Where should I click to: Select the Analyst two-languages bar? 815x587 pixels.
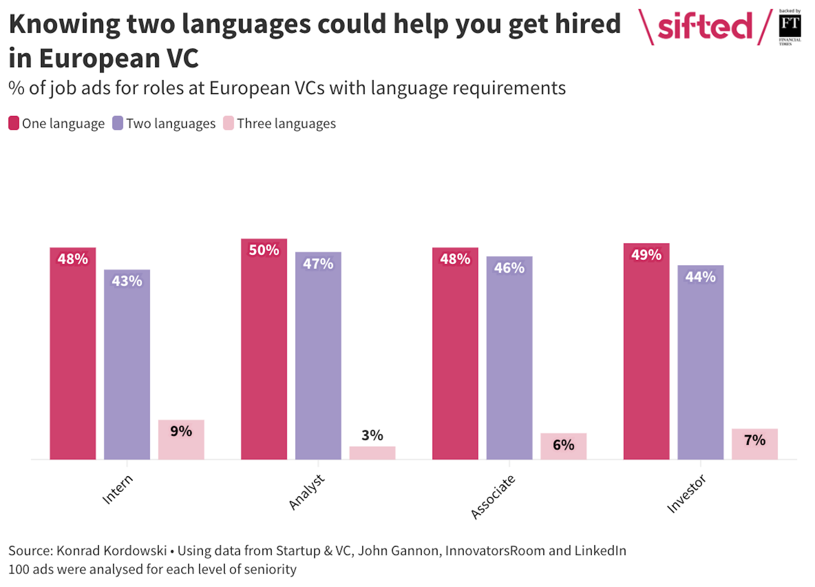pos(318,356)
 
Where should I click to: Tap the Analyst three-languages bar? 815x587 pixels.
pos(372,453)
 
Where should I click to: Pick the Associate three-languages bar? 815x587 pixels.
pos(563,447)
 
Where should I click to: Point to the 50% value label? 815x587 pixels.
pos(264,250)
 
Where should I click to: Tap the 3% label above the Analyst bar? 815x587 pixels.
pos(372,436)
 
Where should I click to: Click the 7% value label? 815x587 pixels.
pos(755,440)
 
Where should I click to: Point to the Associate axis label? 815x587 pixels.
pos(493,497)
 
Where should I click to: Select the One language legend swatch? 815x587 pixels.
pos(14,123)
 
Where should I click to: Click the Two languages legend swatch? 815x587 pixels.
pos(118,123)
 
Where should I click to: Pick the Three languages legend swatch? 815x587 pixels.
pos(229,123)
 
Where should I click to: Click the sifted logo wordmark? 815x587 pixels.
pos(705,26)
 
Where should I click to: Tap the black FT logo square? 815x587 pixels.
pos(790,25)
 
